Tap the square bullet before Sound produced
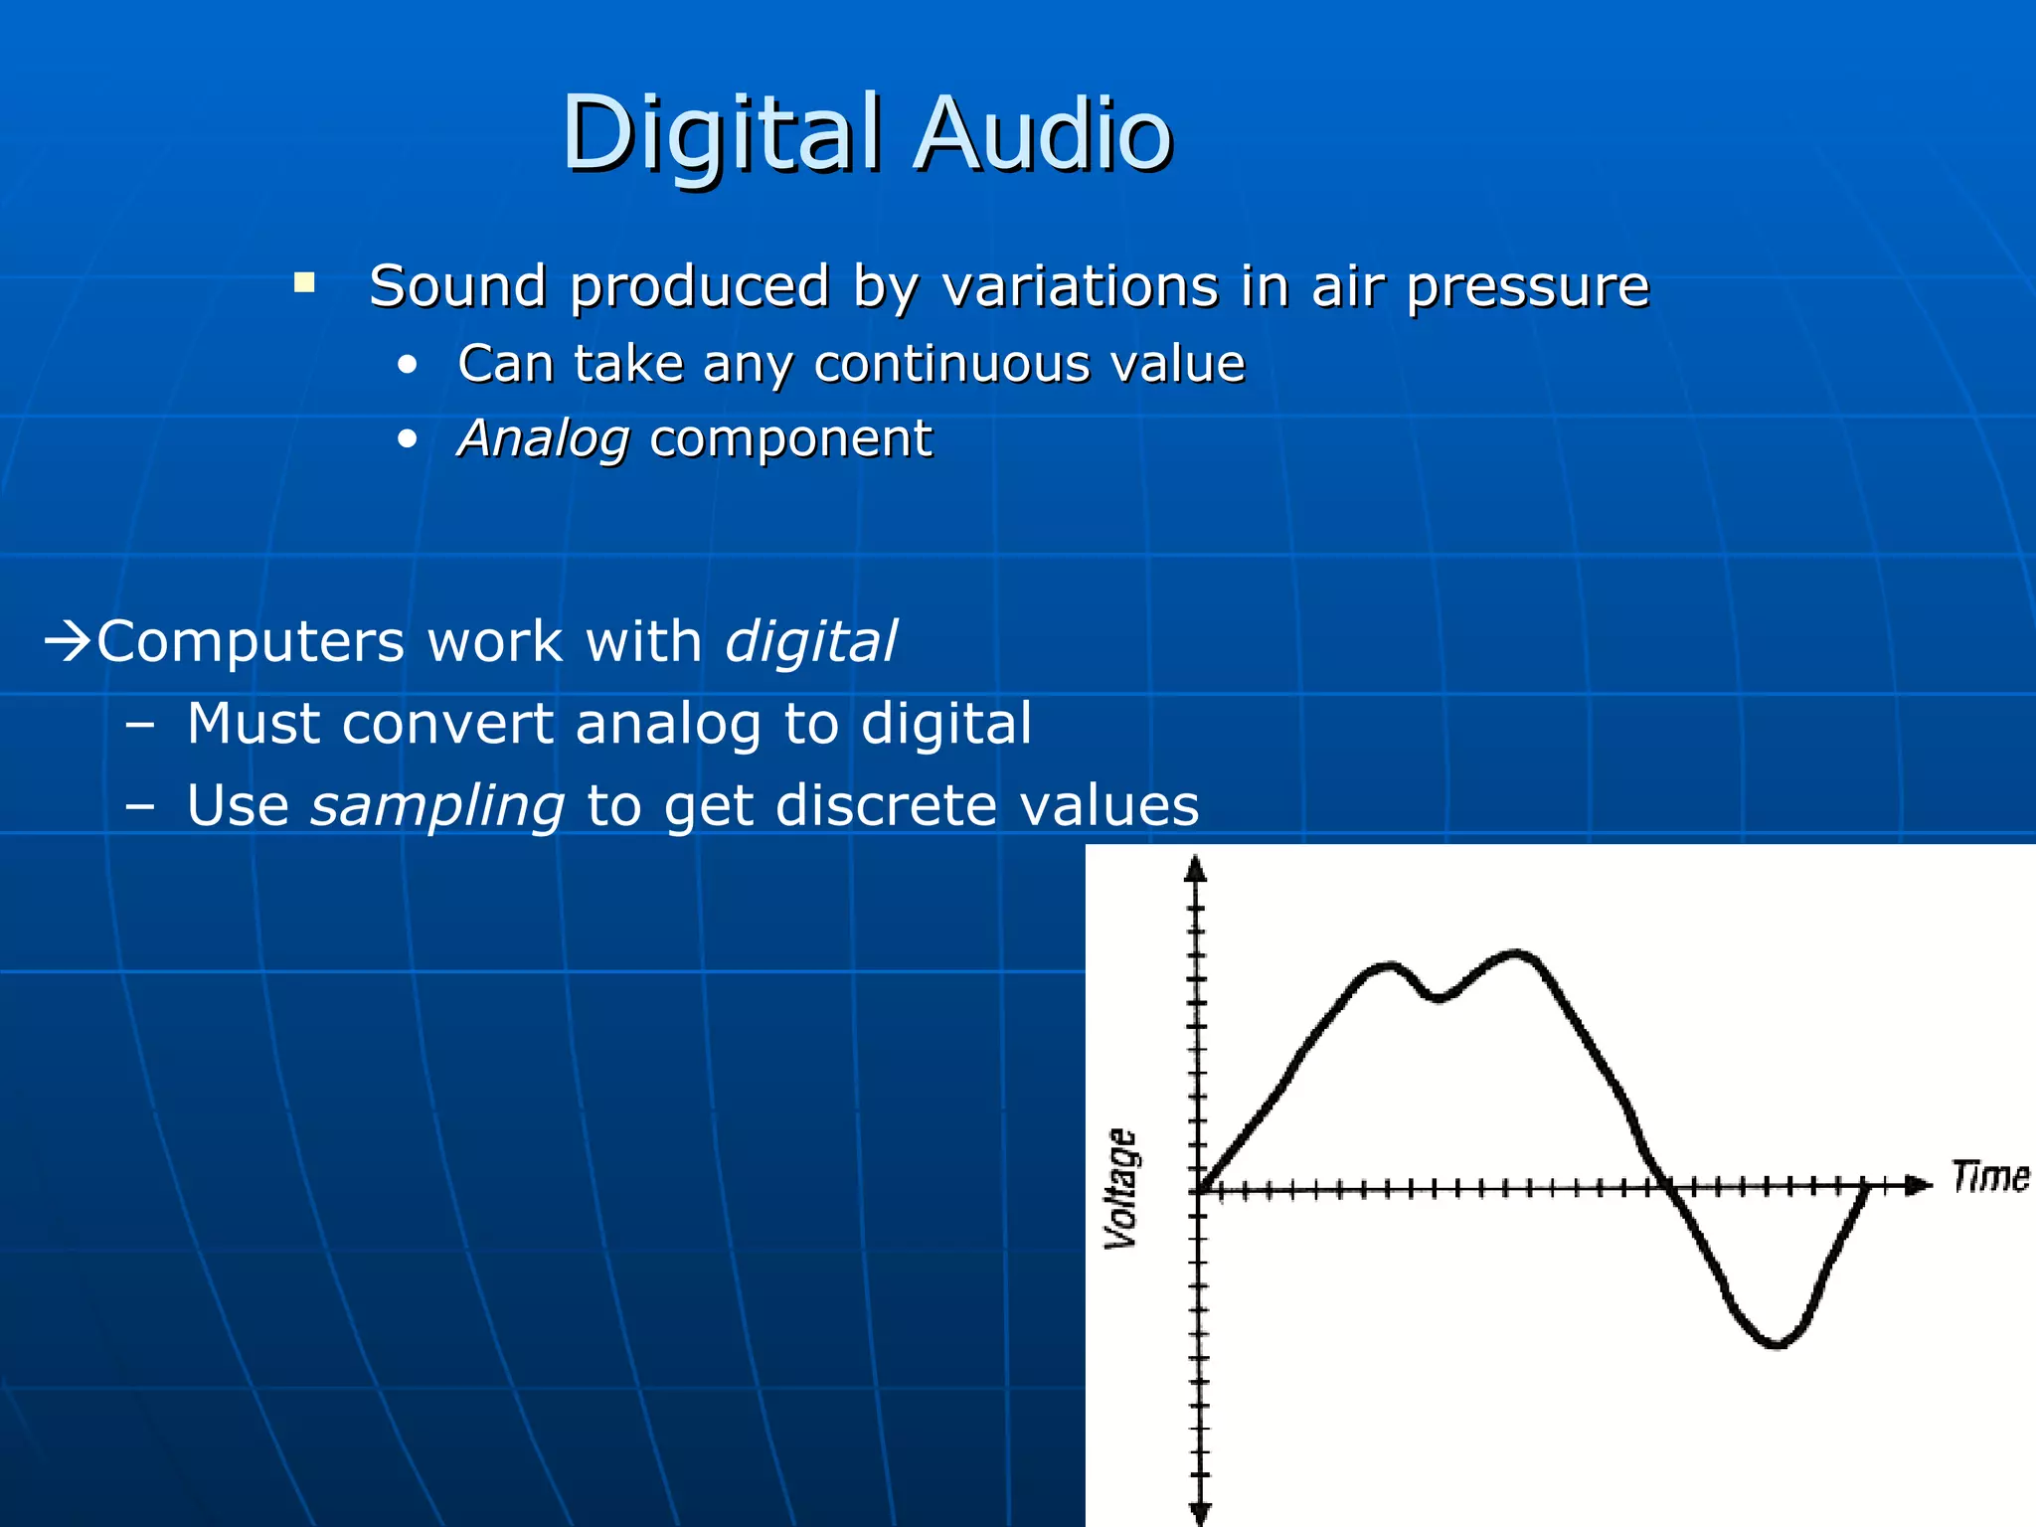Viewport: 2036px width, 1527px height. [304, 283]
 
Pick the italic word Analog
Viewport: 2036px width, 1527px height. [543, 440]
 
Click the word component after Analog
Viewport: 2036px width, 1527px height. [790, 440]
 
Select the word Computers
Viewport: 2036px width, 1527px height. [251, 643]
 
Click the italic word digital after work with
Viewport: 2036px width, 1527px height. [810, 643]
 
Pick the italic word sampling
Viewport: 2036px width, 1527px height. [437, 807]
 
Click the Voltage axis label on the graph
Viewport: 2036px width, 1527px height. [1122, 1188]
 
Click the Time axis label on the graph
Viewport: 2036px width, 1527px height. [1989, 1177]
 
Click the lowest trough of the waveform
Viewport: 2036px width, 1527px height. [1777, 1345]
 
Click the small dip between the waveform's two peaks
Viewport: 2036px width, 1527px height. [1438, 997]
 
